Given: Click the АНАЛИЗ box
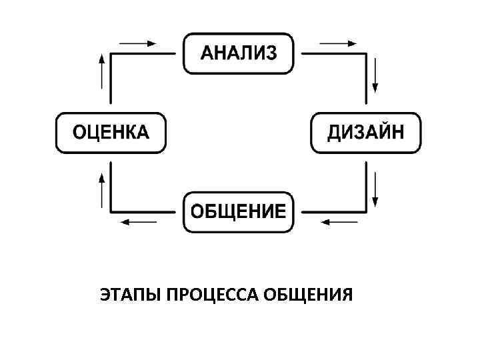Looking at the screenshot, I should pos(238,53).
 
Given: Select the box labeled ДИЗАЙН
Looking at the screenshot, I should pos(365,133).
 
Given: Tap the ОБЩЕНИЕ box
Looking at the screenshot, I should pos(238,212).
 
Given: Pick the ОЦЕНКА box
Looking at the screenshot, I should pos(111,133).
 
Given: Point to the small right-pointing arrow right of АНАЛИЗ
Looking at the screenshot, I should pos(339,43).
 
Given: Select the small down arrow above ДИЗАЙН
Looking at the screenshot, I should pos(377,75).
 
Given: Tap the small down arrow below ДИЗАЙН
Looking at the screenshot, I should pos(377,189).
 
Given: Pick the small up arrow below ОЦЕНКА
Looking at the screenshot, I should pos(101,189).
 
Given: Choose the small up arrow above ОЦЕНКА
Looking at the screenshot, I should pos(101,71).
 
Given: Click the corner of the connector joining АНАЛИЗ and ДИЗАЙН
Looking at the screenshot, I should pos(367,54).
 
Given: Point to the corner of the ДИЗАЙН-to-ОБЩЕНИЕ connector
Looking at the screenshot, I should pos(367,212).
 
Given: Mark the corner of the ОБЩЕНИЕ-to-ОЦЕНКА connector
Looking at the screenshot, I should pos(111,212).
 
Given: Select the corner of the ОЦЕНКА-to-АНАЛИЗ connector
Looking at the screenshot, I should pos(111,54).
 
